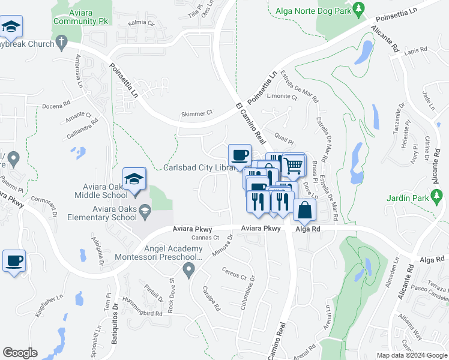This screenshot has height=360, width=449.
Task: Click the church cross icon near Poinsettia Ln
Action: tap(61, 42)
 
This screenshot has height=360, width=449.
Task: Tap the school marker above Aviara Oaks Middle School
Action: tap(134, 179)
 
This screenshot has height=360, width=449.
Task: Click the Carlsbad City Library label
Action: tap(199, 167)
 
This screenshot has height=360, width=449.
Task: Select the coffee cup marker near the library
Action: tap(240, 155)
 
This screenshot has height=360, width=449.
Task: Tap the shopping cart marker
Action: tap(294, 165)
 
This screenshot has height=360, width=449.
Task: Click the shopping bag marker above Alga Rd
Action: tap(305, 211)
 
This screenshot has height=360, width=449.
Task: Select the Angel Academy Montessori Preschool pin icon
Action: tap(190, 271)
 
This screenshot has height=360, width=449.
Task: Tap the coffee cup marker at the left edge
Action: tap(14, 262)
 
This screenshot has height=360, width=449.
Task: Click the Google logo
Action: tap(20, 353)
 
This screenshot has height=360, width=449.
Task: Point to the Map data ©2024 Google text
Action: tap(412, 355)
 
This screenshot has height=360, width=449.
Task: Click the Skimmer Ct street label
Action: tap(197, 113)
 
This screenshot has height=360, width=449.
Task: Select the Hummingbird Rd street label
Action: tap(142, 313)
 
